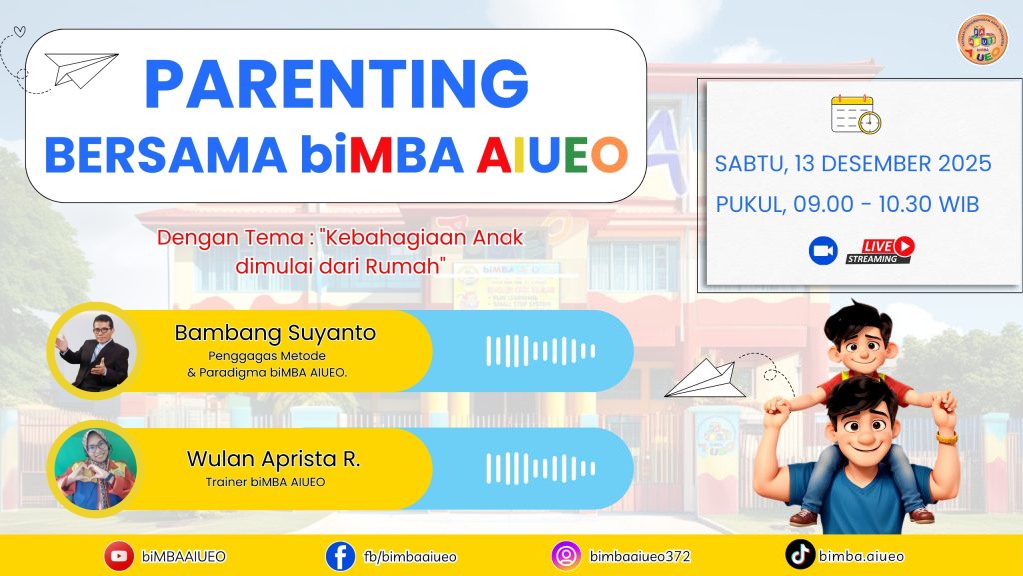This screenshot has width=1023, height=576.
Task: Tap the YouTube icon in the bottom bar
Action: [x=119, y=556]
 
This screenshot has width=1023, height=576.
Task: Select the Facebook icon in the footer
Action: [x=340, y=556]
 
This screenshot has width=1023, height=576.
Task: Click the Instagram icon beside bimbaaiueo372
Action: [x=566, y=556]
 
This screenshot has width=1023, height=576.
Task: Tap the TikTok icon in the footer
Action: [x=799, y=555]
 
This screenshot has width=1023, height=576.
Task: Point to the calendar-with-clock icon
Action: [x=856, y=115]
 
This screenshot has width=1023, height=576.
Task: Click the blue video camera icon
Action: [x=823, y=251]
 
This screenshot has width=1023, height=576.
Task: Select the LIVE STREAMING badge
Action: [x=880, y=250]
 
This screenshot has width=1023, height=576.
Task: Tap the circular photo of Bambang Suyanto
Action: [x=94, y=350]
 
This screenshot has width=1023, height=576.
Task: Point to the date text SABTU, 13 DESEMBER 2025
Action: [x=853, y=164]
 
